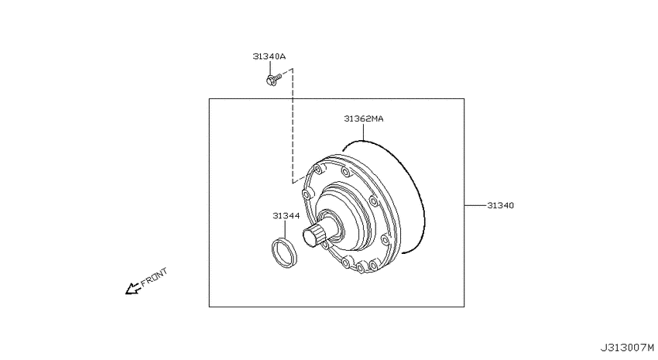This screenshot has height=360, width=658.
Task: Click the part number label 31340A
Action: [269, 57]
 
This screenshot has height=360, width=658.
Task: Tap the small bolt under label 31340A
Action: [273, 78]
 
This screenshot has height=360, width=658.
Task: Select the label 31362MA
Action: [363, 118]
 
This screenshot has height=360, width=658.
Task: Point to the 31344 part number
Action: [286, 216]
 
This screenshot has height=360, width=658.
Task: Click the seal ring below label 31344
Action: [284, 252]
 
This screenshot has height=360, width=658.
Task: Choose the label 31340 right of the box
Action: [500, 206]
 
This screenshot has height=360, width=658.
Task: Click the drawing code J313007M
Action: [626, 348]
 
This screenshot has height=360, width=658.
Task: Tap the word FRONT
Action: [154, 277]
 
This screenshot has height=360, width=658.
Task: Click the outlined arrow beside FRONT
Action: [132, 288]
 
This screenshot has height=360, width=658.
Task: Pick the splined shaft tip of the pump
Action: [314, 236]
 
